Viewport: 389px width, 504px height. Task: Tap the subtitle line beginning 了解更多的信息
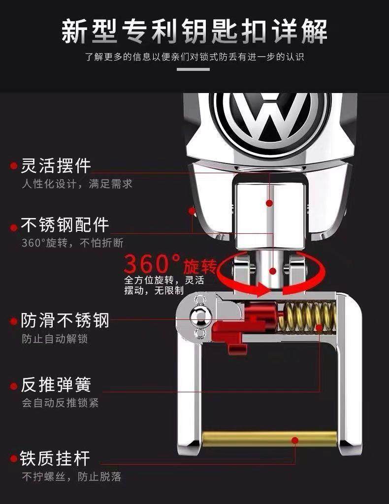[x=194, y=57]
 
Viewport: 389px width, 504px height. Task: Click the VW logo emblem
[x=270, y=118]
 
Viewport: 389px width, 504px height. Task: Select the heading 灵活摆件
[x=56, y=166]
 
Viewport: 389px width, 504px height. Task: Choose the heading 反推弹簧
[x=56, y=384]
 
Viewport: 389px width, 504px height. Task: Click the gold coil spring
[x=306, y=317]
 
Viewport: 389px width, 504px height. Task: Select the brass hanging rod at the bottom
[x=270, y=437]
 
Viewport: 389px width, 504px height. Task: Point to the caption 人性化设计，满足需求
[x=77, y=184]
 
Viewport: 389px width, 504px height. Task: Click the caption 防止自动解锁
[x=55, y=339]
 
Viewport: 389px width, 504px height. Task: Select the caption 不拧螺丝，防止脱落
[x=71, y=476]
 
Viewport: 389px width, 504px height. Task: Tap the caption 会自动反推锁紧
[x=60, y=403]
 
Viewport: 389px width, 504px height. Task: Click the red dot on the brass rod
[x=295, y=440]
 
